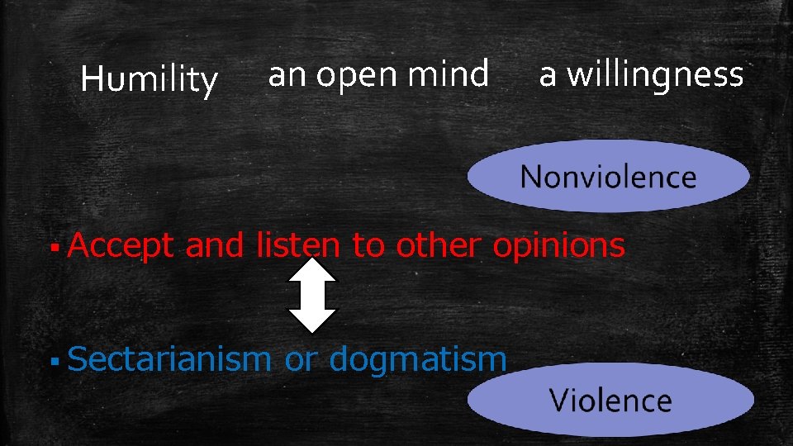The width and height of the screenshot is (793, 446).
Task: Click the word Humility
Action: coord(150,80)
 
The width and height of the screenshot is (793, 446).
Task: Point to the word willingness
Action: coord(654,76)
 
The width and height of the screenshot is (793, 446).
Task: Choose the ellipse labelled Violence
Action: coord(610,401)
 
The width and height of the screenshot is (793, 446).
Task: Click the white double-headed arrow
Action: coord(312,296)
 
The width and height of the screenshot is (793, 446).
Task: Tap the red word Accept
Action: coord(121,246)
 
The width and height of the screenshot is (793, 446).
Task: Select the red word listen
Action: coord(297,245)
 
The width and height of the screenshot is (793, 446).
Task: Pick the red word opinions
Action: coord(558,246)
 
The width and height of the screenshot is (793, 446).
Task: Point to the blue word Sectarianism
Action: coord(169,359)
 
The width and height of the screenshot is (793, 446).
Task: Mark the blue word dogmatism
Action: coord(417,359)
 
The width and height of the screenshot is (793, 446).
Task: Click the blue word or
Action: coord(299,360)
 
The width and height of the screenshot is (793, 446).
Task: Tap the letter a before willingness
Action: coord(548,77)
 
